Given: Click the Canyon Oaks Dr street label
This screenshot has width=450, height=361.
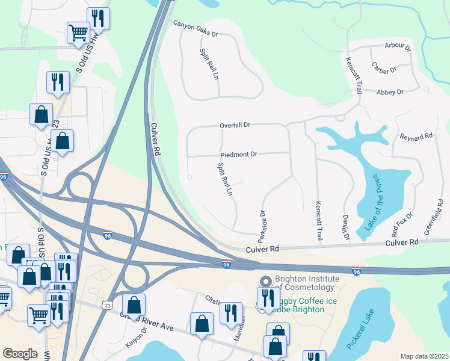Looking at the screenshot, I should click(x=196, y=25).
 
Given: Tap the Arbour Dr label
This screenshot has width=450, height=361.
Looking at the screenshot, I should click(x=398, y=46).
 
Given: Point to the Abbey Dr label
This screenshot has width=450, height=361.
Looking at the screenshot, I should click(x=389, y=92).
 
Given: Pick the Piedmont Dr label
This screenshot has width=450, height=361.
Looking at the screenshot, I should click(x=239, y=155).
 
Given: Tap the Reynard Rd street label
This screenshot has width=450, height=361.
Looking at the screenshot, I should click(x=416, y=137).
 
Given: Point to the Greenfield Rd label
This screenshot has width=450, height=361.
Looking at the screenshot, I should click(x=436, y=220).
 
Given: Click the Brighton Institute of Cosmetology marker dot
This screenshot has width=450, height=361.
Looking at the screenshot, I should click(x=265, y=282).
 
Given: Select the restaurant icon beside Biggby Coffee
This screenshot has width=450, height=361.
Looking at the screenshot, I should click(x=267, y=298).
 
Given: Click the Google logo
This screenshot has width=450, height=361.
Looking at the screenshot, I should click(x=20, y=354).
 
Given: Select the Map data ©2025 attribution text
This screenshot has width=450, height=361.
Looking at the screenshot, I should click(x=425, y=356).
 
